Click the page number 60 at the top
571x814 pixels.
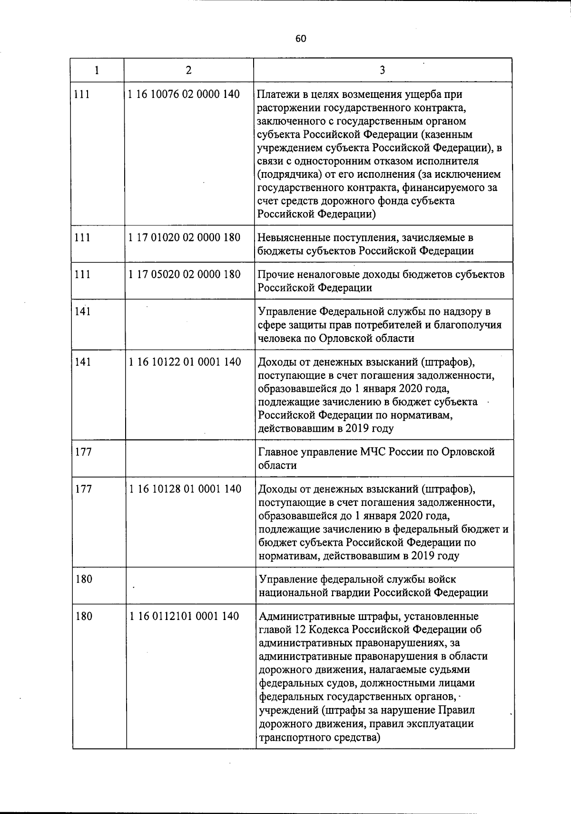(x=300, y=39)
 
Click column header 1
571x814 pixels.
(x=97, y=70)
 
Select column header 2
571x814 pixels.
(x=189, y=70)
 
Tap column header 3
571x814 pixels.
(x=383, y=70)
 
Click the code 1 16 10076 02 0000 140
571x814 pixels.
(x=184, y=94)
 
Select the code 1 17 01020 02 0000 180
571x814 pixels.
(x=185, y=237)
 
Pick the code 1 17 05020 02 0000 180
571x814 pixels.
(x=185, y=274)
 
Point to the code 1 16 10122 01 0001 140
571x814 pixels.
(x=185, y=362)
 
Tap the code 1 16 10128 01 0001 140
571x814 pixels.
(x=185, y=489)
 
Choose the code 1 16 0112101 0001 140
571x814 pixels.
(x=184, y=616)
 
